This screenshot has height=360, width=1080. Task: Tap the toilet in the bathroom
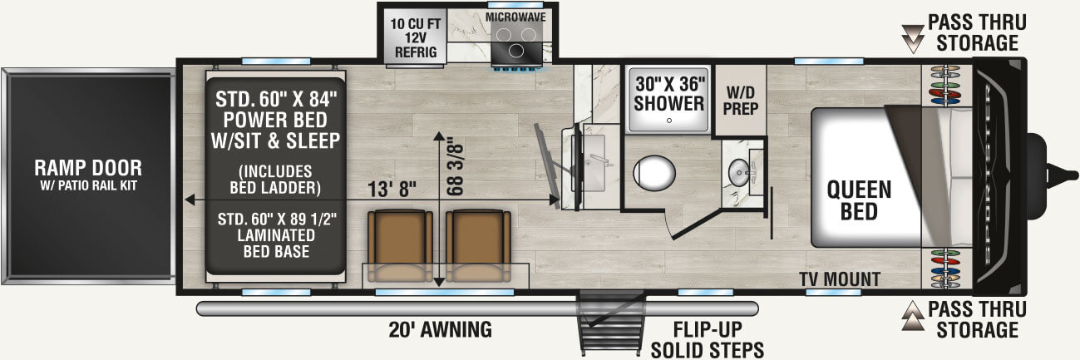(x=656, y=173)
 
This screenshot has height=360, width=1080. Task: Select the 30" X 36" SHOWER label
(x=670, y=94)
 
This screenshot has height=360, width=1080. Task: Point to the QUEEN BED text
(x=859, y=200)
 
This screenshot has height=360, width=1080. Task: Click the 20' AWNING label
(x=441, y=329)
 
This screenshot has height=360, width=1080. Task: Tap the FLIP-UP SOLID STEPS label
(x=708, y=338)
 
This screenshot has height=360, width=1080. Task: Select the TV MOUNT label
(x=839, y=279)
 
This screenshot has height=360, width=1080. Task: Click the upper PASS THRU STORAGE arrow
(x=913, y=36)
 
